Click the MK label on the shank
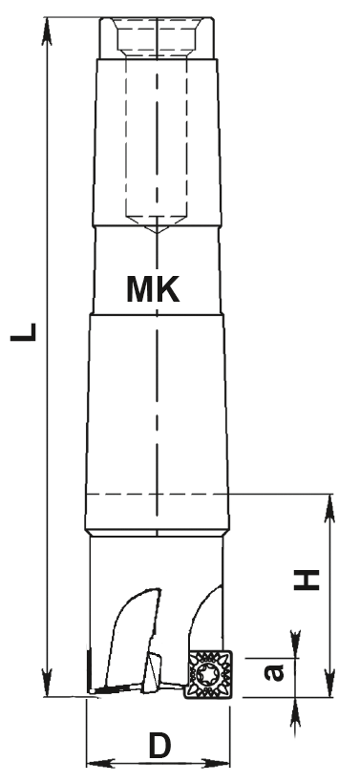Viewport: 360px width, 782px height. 153,289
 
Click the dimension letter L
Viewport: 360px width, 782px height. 24,332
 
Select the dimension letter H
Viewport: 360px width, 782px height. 307,579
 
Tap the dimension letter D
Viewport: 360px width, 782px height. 159,747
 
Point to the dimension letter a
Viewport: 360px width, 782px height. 274,672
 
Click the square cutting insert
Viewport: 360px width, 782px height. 208,674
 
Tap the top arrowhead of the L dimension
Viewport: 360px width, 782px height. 47,31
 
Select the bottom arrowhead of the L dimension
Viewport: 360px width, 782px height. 47,683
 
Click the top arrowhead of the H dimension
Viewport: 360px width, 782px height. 329,508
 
